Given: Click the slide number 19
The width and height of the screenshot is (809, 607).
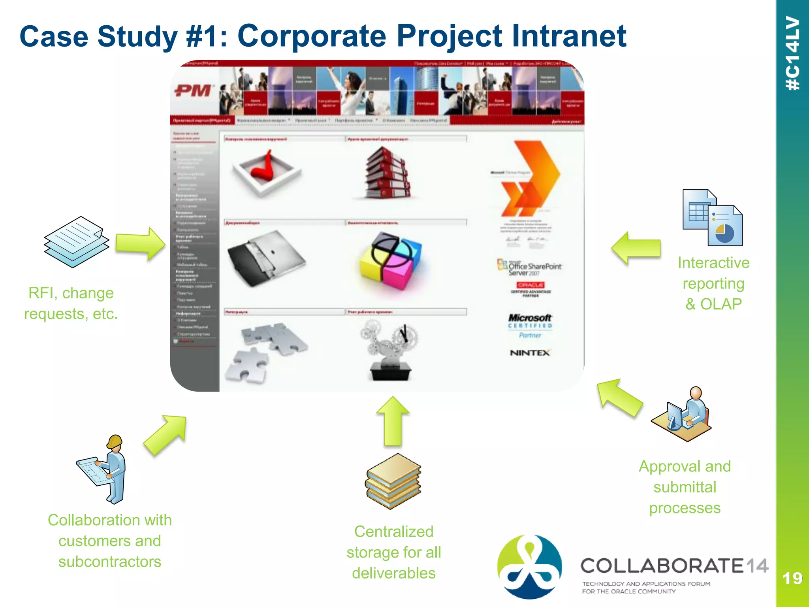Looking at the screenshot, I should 792,579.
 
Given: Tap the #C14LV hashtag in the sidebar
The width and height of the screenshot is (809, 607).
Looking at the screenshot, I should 793,53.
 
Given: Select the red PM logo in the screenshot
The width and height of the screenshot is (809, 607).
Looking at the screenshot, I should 193,91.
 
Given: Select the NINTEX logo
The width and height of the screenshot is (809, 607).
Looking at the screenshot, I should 530,353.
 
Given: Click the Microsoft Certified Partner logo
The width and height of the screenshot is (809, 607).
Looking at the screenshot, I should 530,326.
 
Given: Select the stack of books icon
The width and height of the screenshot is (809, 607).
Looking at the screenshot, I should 393,481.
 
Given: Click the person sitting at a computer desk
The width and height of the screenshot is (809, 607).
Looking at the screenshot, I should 682,414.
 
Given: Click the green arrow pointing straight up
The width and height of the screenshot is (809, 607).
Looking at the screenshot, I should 393,421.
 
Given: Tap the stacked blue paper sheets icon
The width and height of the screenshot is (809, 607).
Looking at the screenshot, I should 76,242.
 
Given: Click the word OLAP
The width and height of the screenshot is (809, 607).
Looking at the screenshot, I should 721,304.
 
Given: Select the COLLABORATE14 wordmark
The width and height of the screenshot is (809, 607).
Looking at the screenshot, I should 674,566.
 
